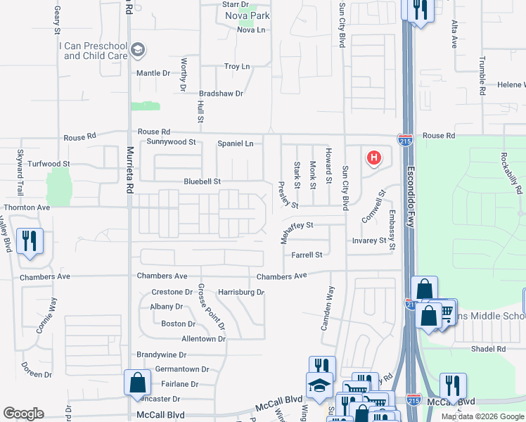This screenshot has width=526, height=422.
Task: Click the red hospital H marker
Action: (374, 158)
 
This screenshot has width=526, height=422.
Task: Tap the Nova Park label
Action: (247, 15)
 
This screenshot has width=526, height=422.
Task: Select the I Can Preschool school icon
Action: (139, 50)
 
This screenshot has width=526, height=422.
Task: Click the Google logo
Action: (23, 414)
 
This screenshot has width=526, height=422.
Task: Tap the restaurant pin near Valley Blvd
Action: (30, 241)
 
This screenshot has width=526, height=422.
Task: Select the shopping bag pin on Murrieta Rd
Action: (137, 383)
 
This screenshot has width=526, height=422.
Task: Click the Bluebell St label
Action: (203, 181)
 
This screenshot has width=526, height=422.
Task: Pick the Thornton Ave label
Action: (27, 207)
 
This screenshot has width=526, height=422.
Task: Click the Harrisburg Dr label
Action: (240, 292)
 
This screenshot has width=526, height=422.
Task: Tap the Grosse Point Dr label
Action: (211, 307)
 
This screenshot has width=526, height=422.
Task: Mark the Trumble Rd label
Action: (482, 76)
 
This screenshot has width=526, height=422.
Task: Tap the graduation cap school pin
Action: (319, 386)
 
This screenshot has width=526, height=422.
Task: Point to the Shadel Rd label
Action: (489, 348)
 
